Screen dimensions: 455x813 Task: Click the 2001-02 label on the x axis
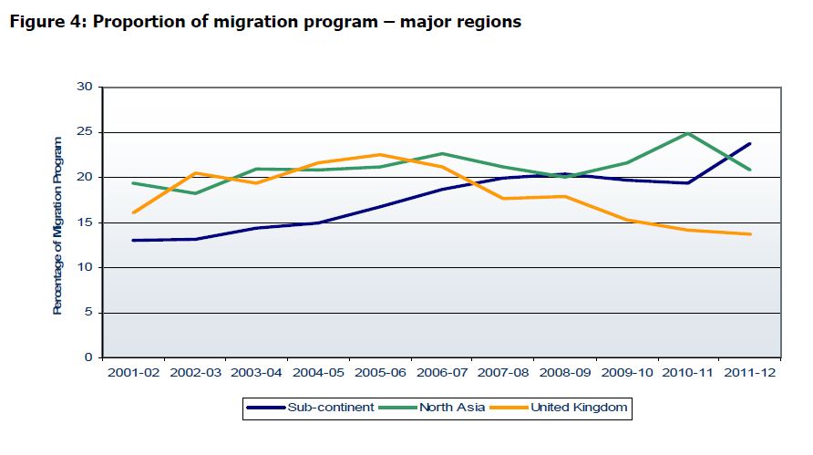(x=133, y=373)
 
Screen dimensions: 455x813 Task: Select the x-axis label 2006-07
(x=442, y=373)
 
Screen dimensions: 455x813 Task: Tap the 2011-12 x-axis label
(x=751, y=373)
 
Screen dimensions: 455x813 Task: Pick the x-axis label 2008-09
(x=566, y=373)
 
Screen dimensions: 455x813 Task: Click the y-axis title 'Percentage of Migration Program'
(x=57, y=225)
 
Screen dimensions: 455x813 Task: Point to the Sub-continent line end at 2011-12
(x=750, y=143)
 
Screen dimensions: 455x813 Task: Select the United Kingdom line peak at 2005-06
(x=380, y=155)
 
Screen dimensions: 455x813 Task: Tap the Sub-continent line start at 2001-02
(x=133, y=241)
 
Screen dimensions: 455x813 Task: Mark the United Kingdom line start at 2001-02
(x=133, y=212)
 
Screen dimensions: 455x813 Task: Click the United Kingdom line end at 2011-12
(x=750, y=234)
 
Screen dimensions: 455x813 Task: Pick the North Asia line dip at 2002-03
(x=195, y=193)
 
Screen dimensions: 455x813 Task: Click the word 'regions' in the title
(x=488, y=22)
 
